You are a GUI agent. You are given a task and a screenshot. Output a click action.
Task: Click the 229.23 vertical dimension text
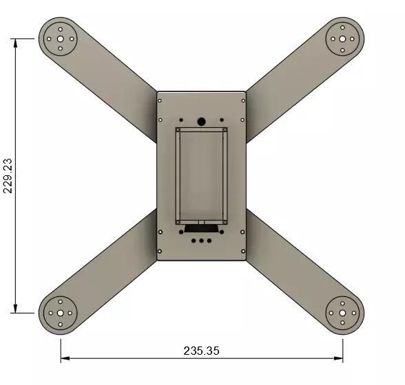point(8,176)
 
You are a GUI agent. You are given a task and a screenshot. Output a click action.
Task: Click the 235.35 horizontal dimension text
point(201,351)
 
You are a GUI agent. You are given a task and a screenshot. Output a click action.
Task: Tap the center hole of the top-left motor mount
point(61,38)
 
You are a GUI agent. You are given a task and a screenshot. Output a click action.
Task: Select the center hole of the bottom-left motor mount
point(61,313)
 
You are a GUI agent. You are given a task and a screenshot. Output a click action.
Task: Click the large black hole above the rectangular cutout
point(201,122)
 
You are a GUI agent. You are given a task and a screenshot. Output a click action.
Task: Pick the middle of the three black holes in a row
point(201,240)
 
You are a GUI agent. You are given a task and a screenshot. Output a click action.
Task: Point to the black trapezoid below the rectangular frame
point(201,228)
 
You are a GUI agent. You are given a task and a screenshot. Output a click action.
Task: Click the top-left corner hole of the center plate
point(160,100)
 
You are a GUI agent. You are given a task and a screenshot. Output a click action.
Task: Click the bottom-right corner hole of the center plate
point(242,252)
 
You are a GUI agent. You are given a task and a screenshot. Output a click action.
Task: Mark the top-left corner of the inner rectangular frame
point(178,129)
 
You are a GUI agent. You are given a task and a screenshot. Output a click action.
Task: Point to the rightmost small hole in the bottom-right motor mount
point(353,313)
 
